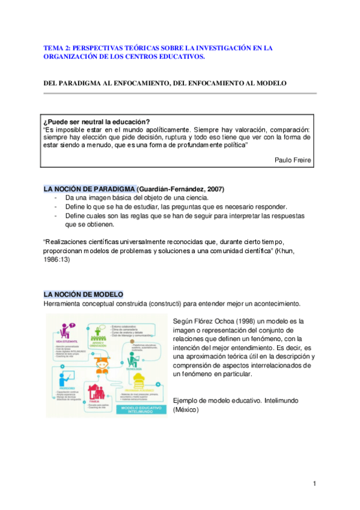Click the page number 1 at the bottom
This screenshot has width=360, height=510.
tap(314, 484)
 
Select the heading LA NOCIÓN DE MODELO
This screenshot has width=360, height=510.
tap(83, 294)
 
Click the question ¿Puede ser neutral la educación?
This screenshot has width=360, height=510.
tap(96, 121)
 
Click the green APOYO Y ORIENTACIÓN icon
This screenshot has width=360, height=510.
tap(99, 330)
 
